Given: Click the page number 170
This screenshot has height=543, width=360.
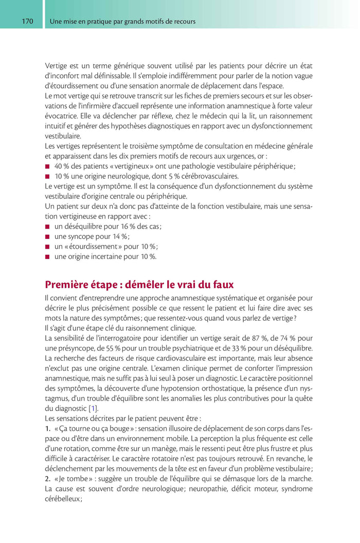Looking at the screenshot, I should click(27, 22).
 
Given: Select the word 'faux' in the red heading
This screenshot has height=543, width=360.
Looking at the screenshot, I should click(222, 284).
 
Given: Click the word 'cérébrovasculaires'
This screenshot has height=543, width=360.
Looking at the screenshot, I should click(209, 176).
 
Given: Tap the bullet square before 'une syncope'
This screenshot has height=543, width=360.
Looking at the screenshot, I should click(47, 237).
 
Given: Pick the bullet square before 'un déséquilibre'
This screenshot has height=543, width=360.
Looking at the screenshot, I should click(47, 226).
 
